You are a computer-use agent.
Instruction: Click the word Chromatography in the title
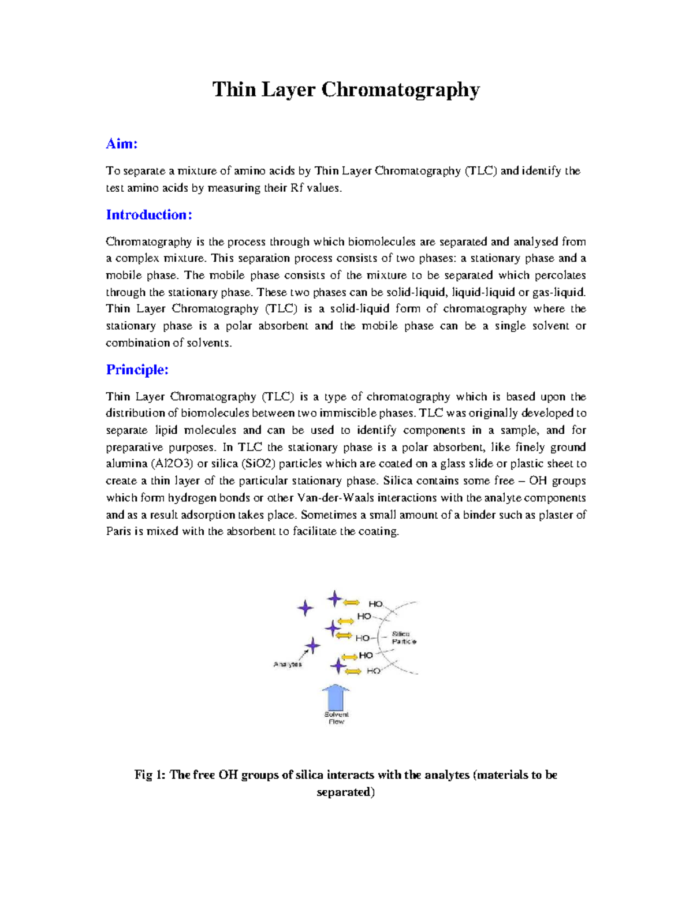tap(400, 90)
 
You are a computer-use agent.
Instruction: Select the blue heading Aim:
tap(122, 144)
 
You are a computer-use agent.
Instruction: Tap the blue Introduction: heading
tap(149, 215)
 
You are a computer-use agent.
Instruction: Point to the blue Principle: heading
tap(137, 370)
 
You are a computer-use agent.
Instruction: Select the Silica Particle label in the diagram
tap(403, 638)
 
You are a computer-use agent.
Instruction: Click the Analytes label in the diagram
tap(287, 664)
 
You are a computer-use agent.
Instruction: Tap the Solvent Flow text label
tap(336, 718)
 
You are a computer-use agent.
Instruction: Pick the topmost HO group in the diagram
tap(375, 604)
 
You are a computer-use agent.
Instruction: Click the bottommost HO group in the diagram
tap(373, 671)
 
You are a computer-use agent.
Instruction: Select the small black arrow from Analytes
tap(301, 655)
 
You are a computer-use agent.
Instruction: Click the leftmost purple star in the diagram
tap(305, 608)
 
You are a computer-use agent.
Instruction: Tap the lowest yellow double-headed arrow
tap(352, 671)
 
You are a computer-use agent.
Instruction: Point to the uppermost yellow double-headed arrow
tap(351, 602)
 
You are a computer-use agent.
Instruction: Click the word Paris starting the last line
tap(118, 531)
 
